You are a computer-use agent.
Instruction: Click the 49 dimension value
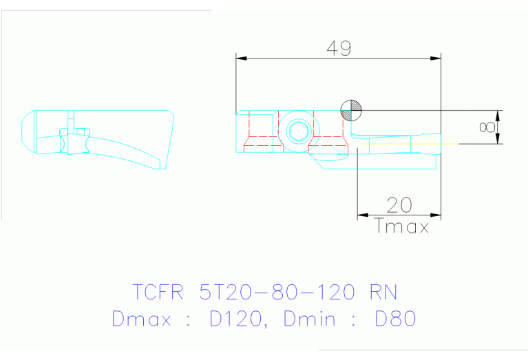click(x=339, y=48)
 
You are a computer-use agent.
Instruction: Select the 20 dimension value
click(x=399, y=205)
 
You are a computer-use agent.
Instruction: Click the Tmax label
click(x=402, y=226)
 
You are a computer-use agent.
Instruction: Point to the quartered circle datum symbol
click(x=351, y=110)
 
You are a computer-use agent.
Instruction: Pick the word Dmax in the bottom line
click(x=140, y=319)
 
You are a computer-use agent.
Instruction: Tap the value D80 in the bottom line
click(x=394, y=319)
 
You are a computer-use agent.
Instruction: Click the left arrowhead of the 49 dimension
click(x=240, y=59)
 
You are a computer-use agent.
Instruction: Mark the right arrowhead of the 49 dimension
click(x=436, y=59)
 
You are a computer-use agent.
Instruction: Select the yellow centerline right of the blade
click(x=447, y=143)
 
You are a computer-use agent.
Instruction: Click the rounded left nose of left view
click(x=26, y=131)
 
